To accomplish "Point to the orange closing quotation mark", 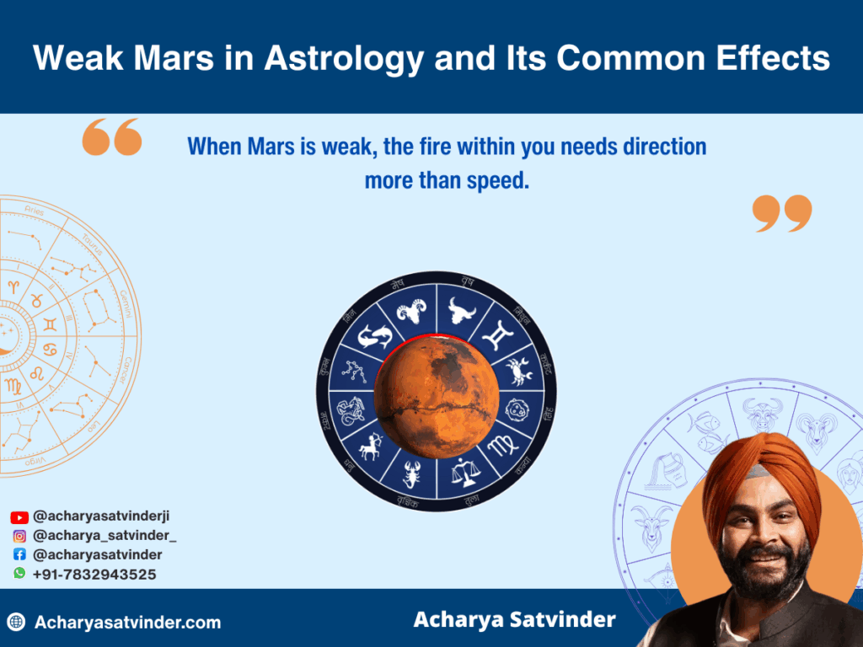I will click(x=782, y=213).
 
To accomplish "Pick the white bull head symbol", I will click(x=461, y=309).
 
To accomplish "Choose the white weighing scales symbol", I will click(x=462, y=473).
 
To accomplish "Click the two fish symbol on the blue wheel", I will click(x=374, y=336).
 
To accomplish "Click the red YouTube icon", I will click(x=19, y=517).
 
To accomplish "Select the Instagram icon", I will click(x=19, y=536).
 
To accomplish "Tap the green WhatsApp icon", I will click(x=19, y=574).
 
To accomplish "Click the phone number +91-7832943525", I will click(x=94, y=575).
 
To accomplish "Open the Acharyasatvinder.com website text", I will click(x=127, y=623).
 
